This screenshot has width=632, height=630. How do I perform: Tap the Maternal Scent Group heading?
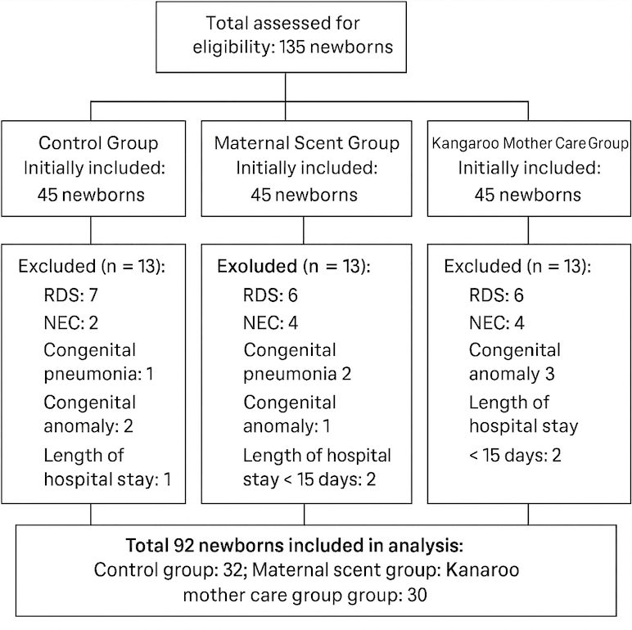(x=307, y=143)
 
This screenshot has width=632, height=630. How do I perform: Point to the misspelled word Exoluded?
(x=255, y=267)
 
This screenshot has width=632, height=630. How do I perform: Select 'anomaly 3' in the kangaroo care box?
(x=512, y=375)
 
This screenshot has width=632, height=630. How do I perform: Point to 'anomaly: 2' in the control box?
(x=90, y=427)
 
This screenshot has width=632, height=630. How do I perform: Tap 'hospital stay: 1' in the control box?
(x=111, y=479)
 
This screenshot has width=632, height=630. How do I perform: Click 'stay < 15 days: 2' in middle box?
(x=310, y=479)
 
